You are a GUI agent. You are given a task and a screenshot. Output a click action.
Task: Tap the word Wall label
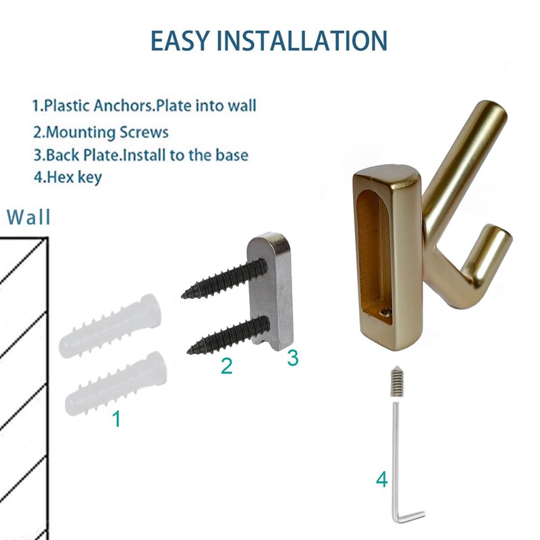[x=29, y=217]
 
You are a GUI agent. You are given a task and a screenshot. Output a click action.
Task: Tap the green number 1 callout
[x=116, y=419]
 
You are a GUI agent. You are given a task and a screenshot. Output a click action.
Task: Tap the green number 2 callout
[x=227, y=367]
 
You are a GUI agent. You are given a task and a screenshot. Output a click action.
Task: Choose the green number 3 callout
[x=292, y=358]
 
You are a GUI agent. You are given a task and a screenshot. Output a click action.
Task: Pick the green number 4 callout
[x=382, y=481]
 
